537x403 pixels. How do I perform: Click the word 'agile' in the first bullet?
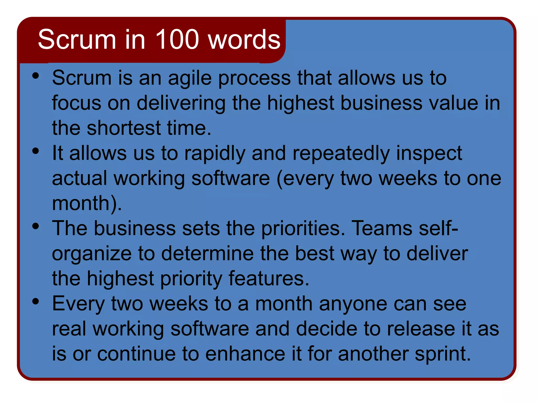point(190,78)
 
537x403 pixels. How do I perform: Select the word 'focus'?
point(76,103)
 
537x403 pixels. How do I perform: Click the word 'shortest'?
point(124,128)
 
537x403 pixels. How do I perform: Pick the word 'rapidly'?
point(215,154)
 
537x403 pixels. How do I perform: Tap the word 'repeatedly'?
point(341,154)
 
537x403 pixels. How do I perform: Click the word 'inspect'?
point(429,154)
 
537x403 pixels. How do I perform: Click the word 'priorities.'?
point(303,228)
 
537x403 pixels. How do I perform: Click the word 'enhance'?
point(245,354)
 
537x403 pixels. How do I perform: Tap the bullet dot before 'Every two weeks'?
point(36,301)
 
